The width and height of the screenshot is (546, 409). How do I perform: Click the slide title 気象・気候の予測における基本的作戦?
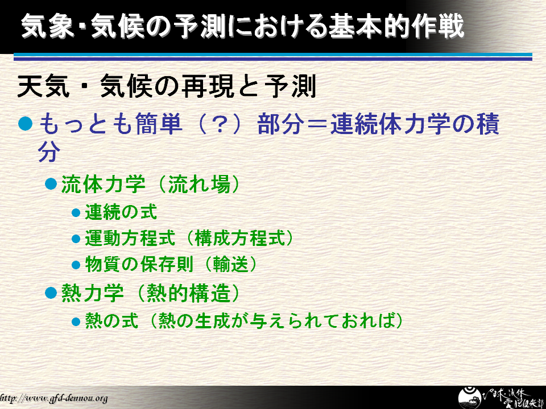point(243,26)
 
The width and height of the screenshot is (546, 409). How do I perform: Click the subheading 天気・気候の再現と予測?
point(167,86)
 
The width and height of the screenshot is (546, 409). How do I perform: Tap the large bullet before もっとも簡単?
point(26,123)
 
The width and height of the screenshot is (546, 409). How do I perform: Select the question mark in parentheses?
point(220,124)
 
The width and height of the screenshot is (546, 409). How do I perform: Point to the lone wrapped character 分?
point(49,152)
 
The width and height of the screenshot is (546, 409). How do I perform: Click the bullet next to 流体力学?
point(51,183)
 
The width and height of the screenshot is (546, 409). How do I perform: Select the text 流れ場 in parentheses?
point(199,183)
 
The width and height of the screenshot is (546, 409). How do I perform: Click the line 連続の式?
point(121,212)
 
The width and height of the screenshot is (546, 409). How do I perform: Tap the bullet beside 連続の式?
point(76,212)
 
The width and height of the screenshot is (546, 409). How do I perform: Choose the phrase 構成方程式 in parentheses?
point(240,238)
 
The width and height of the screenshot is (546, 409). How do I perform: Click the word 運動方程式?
point(130,238)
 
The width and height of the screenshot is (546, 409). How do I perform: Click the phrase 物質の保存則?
point(139,265)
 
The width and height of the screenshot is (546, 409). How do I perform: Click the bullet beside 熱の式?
point(76,321)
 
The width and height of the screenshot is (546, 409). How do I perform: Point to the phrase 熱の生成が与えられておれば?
point(276,320)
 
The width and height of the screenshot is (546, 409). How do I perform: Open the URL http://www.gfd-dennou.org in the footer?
point(53,398)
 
